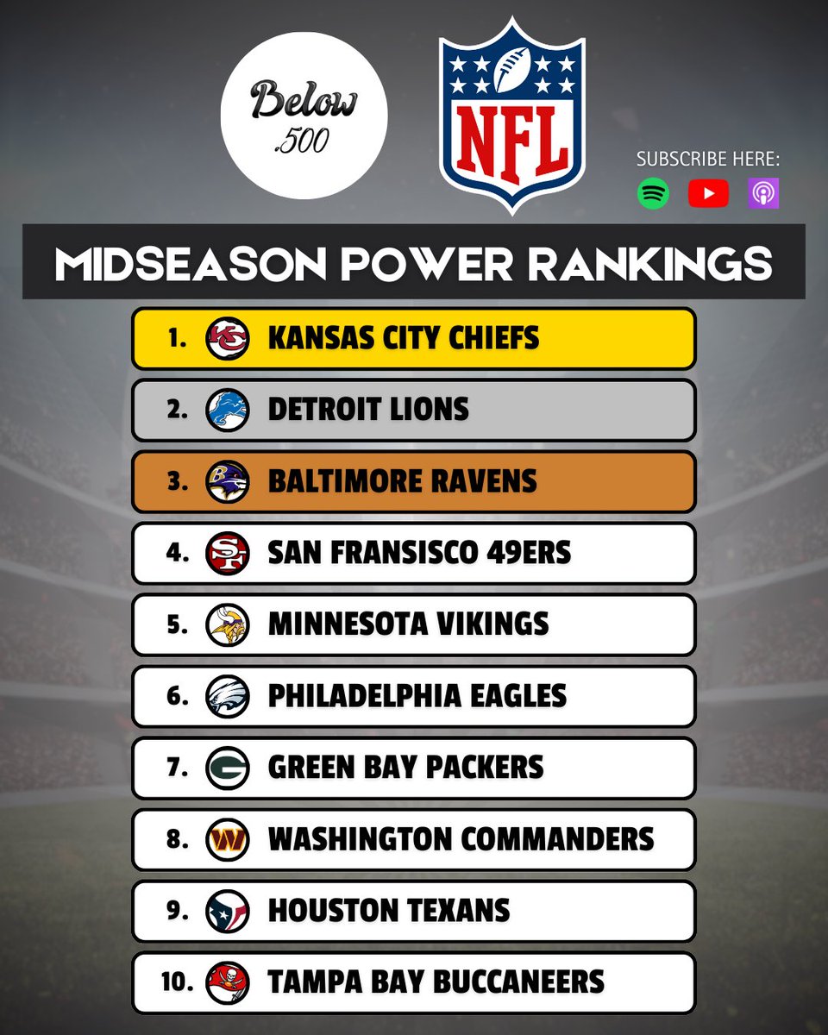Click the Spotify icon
click(x=653, y=193)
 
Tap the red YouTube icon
click(x=708, y=193)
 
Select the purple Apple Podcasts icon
click(x=763, y=193)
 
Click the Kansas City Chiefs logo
click(x=228, y=338)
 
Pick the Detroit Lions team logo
click(x=228, y=410)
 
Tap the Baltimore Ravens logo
click(x=228, y=481)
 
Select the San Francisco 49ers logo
click(x=228, y=553)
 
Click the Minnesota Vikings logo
click(x=228, y=624)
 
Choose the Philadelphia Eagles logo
click(x=228, y=696)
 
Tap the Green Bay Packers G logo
click(x=228, y=768)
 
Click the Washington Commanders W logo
click(x=228, y=839)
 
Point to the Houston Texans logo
click(x=228, y=911)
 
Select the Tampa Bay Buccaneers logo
click(x=228, y=982)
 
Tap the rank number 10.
click(x=177, y=982)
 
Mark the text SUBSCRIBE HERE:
click(x=707, y=160)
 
